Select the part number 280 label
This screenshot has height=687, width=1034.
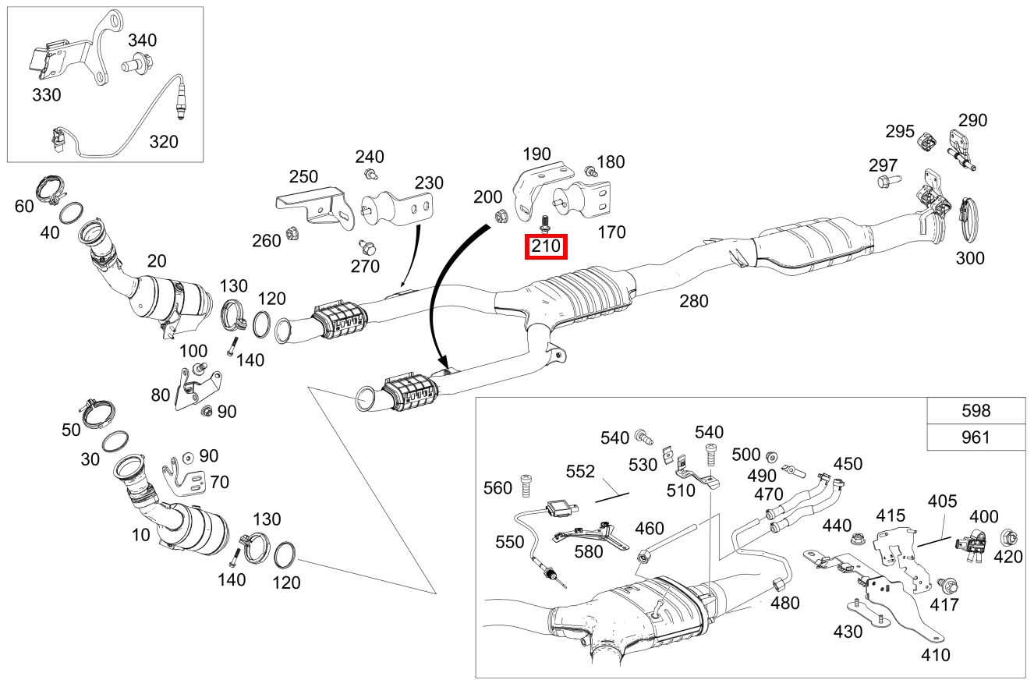[693, 300]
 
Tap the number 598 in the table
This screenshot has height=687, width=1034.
[976, 411]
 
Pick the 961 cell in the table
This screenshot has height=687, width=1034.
[976, 437]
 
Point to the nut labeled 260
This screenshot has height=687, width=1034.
[294, 232]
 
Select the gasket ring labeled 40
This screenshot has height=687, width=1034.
[73, 212]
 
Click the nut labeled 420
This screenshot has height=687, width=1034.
[1007, 536]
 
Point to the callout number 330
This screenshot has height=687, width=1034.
[46, 95]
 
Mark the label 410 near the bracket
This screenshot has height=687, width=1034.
[935, 654]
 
